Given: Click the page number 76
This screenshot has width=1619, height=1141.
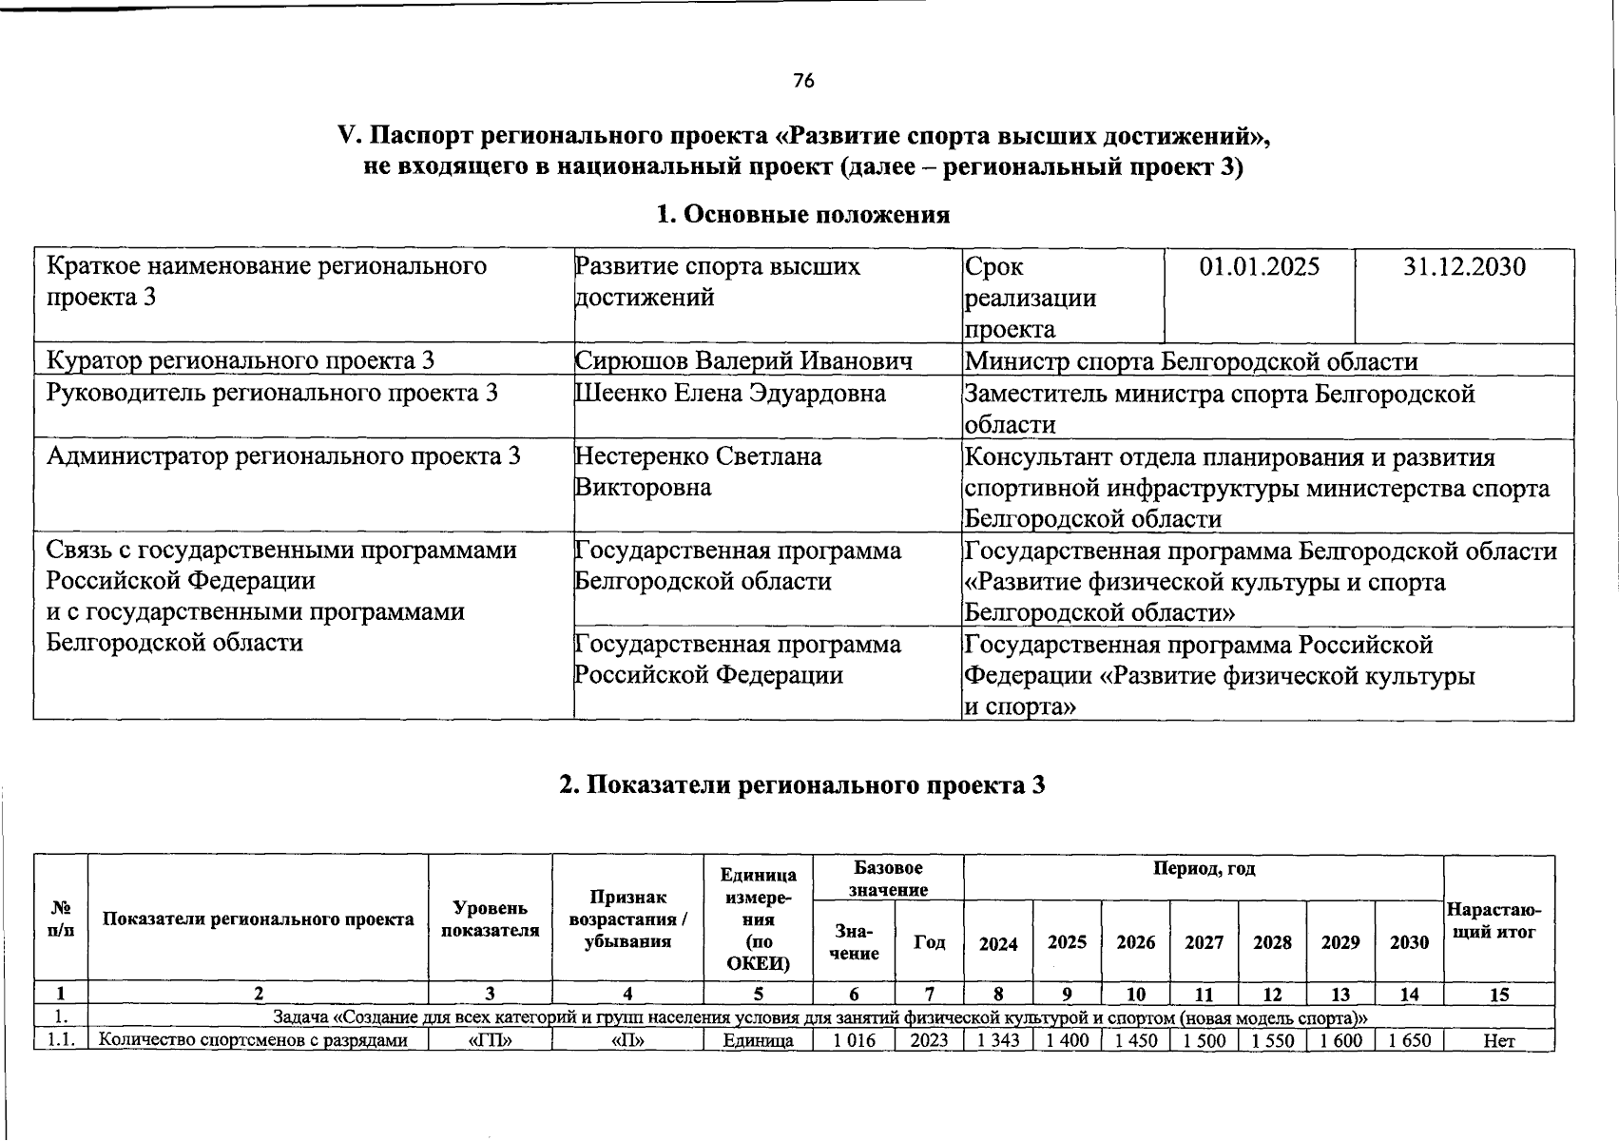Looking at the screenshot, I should (803, 81).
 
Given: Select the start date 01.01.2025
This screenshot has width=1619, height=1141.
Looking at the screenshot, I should (1259, 266).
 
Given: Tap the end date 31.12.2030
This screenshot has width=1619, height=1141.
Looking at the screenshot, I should (1464, 266).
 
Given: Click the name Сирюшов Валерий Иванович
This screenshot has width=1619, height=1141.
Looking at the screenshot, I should (743, 361).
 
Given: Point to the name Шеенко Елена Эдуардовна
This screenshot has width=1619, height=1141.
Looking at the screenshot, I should (730, 393).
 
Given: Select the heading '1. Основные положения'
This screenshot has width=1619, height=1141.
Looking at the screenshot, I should (803, 214).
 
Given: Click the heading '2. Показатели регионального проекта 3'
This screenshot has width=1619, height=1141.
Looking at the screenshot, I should (802, 784).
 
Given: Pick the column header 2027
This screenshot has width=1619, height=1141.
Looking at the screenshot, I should (1204, 942).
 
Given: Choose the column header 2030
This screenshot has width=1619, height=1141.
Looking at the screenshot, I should (1409, 942).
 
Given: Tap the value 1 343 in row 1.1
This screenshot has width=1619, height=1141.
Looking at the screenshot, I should (998, 1040).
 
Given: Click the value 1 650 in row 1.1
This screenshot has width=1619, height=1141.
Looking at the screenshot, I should (1409, 1040).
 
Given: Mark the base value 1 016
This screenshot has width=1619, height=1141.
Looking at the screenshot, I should (854, 1040).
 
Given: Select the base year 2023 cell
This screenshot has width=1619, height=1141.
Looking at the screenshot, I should (929, 1040).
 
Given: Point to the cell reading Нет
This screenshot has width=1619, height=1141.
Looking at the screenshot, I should (1498, 1040).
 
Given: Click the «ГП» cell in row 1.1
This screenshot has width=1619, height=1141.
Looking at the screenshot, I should (491, 1040).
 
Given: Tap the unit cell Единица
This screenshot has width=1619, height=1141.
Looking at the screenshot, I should (758, 1040).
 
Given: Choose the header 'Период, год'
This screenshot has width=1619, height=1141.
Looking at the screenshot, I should (1204, 869).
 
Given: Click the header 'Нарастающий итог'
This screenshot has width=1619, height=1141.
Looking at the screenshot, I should (1493, 920).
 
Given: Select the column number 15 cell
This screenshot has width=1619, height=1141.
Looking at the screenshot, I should (1498, 995).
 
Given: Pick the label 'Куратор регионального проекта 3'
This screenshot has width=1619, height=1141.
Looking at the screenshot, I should (241, 361).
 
